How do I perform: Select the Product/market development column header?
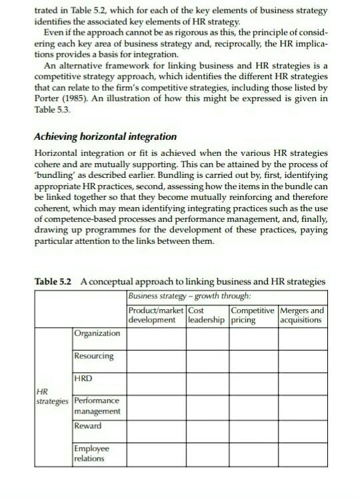155,315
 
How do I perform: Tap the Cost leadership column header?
207,315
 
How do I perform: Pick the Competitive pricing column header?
252,315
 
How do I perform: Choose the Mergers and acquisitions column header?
301,315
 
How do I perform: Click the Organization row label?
97,333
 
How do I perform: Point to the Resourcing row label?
94,356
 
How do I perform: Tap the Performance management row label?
97,406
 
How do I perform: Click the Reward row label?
88,426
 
